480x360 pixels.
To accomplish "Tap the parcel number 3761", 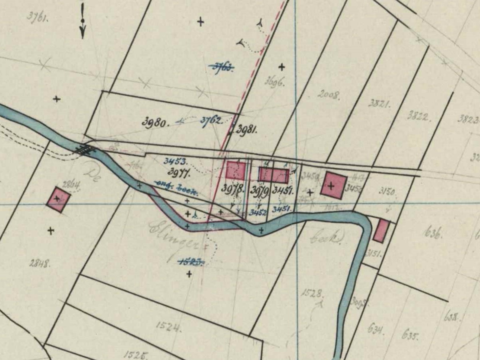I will pos(38,17).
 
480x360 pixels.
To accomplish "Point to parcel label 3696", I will pos(274,82).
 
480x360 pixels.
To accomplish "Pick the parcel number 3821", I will pos(379,103).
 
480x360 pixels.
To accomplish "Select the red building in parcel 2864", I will pos(58,199).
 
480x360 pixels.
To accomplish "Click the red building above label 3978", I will pos(236,170).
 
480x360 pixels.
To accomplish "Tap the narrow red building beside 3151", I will pos(381,231).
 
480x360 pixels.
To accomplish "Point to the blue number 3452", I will pos(258,213).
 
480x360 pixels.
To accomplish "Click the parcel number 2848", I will pos(39,263).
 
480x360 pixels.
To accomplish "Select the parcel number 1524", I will pos(168,327).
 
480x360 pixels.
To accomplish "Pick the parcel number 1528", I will pos(312,293).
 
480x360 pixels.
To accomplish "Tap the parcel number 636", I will pos(432,233).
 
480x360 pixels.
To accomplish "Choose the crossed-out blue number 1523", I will pos(191,262).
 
